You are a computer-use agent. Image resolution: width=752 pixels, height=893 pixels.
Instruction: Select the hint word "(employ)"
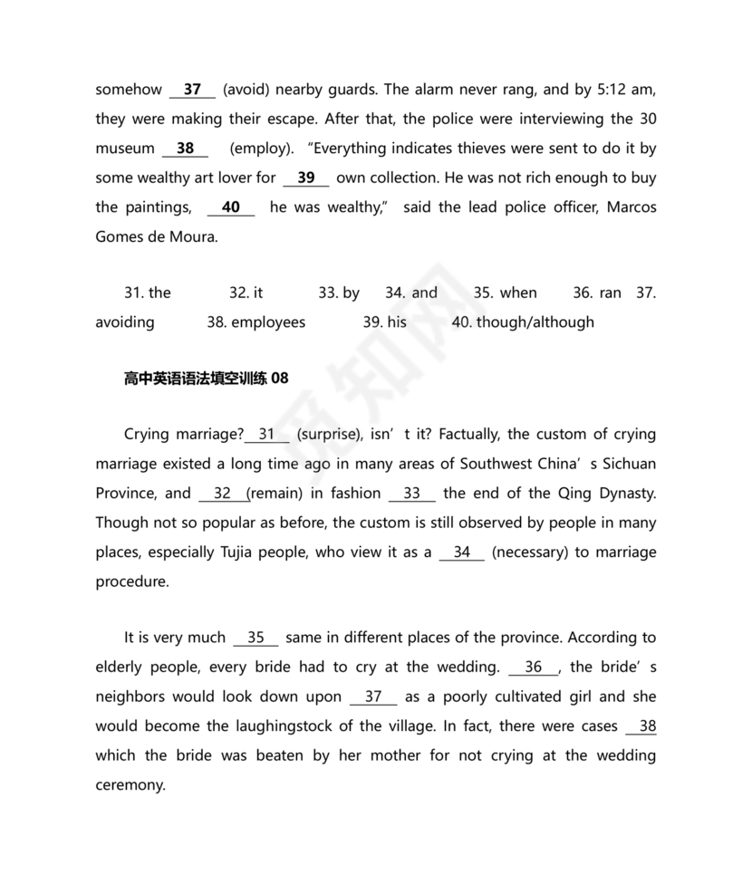point(261,149)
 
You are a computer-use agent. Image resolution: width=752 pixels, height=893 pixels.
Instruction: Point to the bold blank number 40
point(231,207)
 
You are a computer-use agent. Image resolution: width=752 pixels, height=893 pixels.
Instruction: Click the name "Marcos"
point(631,207)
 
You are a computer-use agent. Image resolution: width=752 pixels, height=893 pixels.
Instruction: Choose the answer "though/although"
point(535,322)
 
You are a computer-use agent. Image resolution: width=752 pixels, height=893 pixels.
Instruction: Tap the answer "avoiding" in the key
point(125,322)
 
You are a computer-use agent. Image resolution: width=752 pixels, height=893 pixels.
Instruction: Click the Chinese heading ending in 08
point(206,379)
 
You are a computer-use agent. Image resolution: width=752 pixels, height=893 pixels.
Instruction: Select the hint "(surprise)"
point(329,435)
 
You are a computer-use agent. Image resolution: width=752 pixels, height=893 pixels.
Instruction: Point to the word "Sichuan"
point(627,464)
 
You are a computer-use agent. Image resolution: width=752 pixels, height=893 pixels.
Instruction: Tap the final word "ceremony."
point(130,785)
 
